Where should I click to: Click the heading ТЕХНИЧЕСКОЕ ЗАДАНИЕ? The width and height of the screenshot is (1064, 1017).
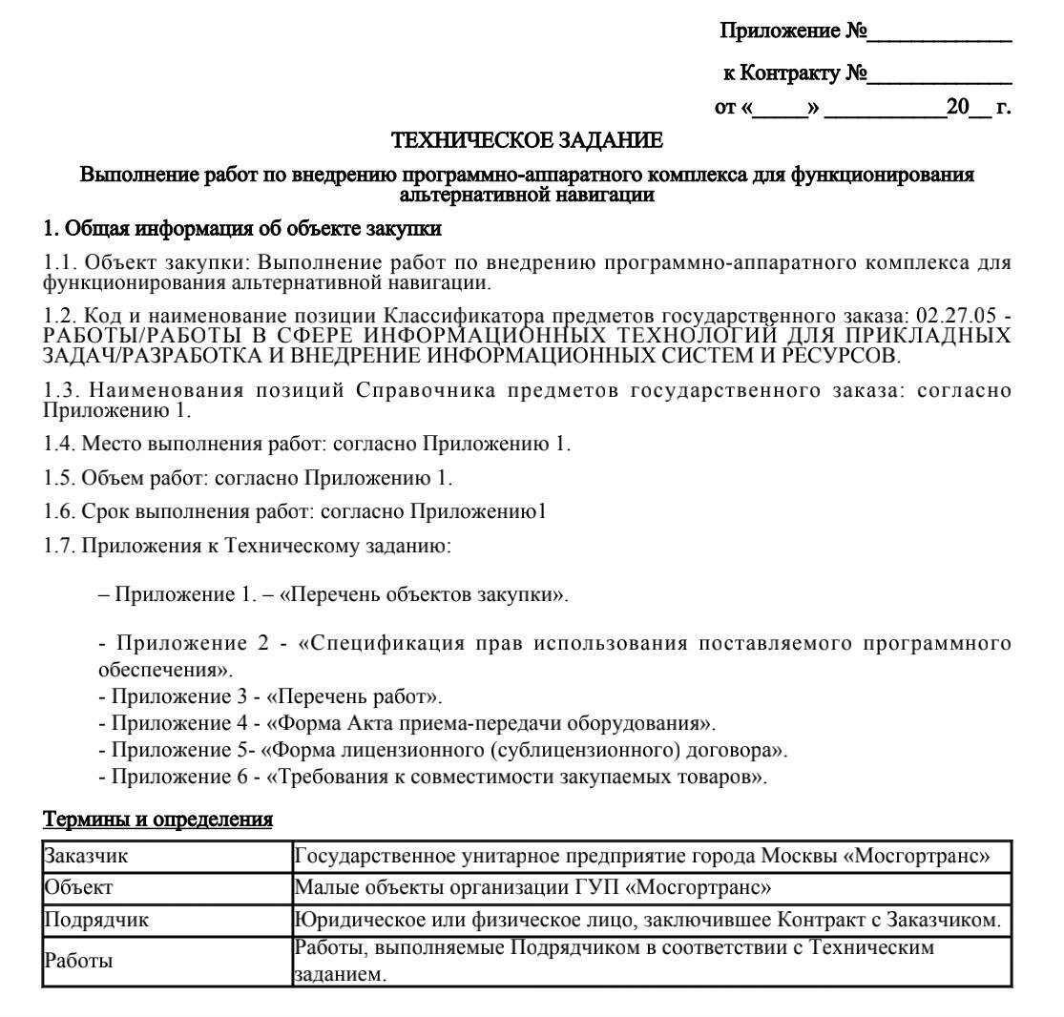click(528, 142)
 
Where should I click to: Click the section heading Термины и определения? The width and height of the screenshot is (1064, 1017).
click(158, 820)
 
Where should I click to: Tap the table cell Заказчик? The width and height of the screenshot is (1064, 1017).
click(87, 855)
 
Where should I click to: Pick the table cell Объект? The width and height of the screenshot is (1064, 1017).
click(79, 887)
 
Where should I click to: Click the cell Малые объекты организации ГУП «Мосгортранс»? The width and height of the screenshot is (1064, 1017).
click(533, 887)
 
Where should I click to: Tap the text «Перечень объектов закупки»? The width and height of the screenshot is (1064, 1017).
click(423, 595)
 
